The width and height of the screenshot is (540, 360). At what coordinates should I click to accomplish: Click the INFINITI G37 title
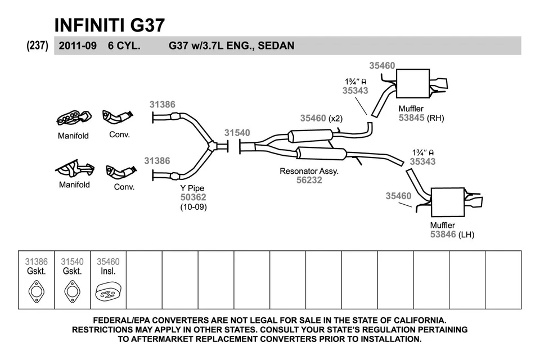point(109,25)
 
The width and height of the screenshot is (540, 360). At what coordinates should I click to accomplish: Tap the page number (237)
point(37,46)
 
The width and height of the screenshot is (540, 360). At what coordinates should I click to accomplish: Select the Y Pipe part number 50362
point(193,197)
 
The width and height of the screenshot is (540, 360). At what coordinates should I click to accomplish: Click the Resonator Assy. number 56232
point(309,181)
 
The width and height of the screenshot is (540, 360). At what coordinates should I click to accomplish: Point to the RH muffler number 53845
point(411,118)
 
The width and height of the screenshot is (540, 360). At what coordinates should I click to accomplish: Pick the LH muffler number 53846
point(443,235)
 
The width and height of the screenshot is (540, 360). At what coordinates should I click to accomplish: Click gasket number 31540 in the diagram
point(237,133)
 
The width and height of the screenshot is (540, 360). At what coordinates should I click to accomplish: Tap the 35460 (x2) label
point(321,118)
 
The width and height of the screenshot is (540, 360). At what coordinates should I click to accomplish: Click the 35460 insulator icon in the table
point(107,292)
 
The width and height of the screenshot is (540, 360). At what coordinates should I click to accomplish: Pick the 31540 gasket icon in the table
point(72,292)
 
